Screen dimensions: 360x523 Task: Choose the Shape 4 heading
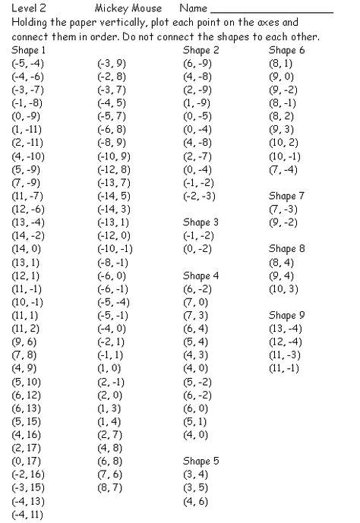pos(201,275)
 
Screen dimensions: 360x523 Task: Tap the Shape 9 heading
pos(287,314)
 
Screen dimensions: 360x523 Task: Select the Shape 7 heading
pos(287,196)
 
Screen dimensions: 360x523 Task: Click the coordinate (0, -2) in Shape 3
pos(197,248)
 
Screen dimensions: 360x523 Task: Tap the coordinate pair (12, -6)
pos(30,209)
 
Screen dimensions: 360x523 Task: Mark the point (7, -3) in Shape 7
pos(283,209)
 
